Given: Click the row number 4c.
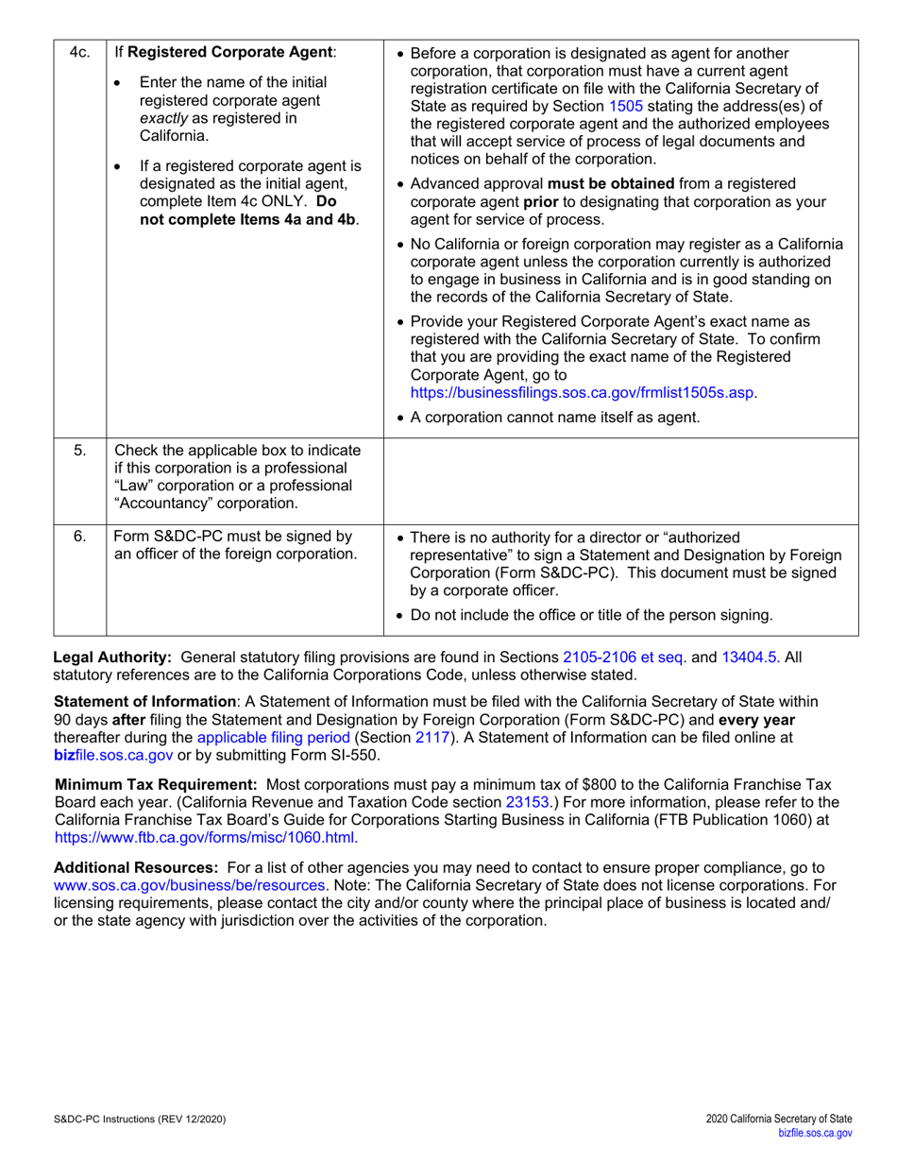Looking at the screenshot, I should pos(79,53).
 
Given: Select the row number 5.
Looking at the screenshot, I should pos(80,449).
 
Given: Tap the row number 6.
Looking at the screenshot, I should pos(80,537).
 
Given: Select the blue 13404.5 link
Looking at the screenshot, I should pos(751,657).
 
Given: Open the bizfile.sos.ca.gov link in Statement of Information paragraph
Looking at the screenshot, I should pos(114,755).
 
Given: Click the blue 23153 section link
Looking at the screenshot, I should pos(528,801).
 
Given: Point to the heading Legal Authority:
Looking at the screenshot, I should pos(112,657).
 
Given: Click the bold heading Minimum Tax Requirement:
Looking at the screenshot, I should pos(157,783).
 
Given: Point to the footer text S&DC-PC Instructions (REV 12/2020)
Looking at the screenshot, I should pos(140,1119).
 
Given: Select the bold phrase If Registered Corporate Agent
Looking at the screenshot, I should pos(225,53).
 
